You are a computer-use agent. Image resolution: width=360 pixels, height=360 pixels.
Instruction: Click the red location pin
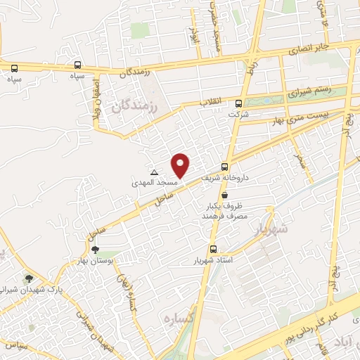coord(181,165)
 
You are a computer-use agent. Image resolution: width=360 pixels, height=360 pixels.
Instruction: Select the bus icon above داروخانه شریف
coord(224,167)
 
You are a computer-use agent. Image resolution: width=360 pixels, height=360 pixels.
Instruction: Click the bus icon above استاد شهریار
coord(213,249)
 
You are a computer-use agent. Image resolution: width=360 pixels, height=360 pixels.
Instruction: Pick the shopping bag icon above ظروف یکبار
coord(224,195)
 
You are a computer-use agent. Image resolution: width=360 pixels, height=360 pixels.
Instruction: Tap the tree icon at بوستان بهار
coord(95,249)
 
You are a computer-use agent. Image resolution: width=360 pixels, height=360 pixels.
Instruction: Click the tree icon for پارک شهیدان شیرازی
coord(29,278)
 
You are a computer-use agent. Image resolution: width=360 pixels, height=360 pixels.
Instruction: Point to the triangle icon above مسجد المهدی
coord(154,172)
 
